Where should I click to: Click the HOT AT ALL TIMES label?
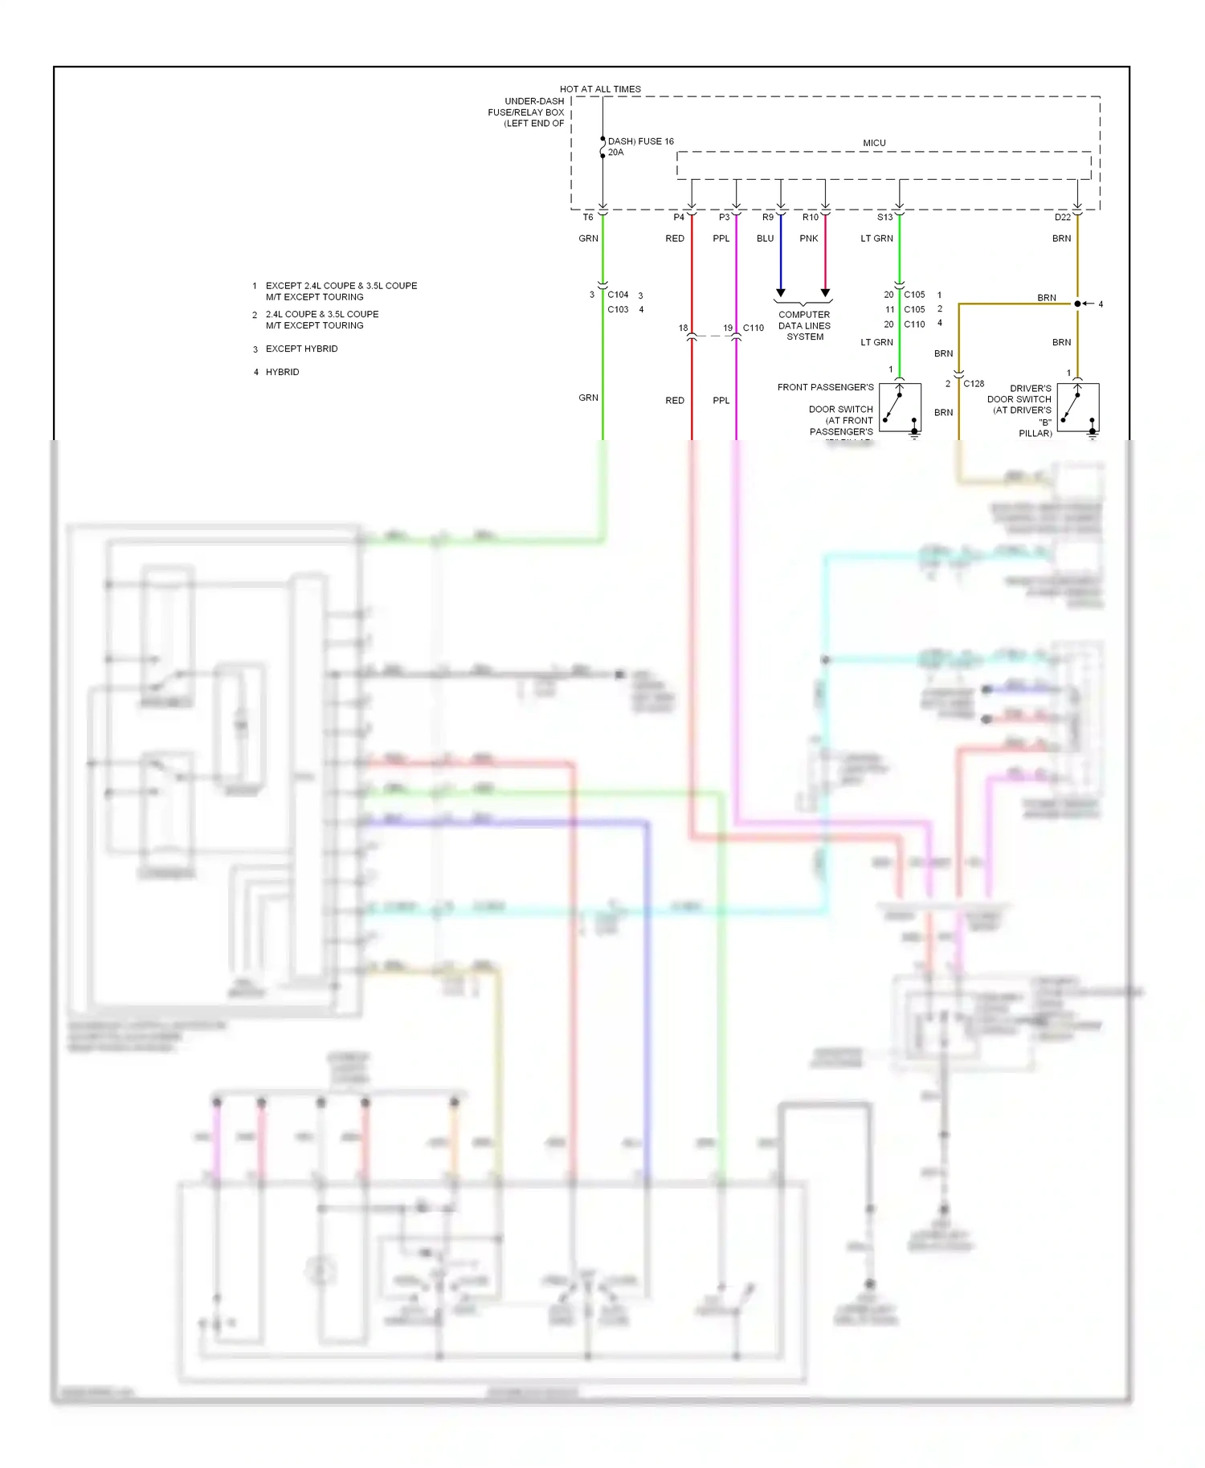(x=600, y=89)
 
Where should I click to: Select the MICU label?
(x=874, y=143)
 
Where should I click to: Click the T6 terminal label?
(x=588, y=218)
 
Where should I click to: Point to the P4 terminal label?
(x=679, y=218)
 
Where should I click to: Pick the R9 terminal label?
(x=768, y=218)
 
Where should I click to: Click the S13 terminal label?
(x=884, y=218)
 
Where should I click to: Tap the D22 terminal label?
(x=1062, y=218)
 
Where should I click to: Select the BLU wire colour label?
(x=765, y=239)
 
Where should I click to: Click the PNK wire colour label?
(x=809, y=239)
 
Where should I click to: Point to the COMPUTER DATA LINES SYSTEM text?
(x=804, y=326)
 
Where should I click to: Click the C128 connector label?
(x=974, y=384)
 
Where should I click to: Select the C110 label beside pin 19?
(x=754, y=328)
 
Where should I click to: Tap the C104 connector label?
(x=618, y=295)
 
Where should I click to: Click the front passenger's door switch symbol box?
(x=900, y=408)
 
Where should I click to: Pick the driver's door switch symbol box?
(x=1077, y=408)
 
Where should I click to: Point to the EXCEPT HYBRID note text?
(x=301, y=349)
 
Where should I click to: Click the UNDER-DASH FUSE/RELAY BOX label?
(x=527, y=112)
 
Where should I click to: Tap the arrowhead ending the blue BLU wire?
(x=780, y=293)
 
